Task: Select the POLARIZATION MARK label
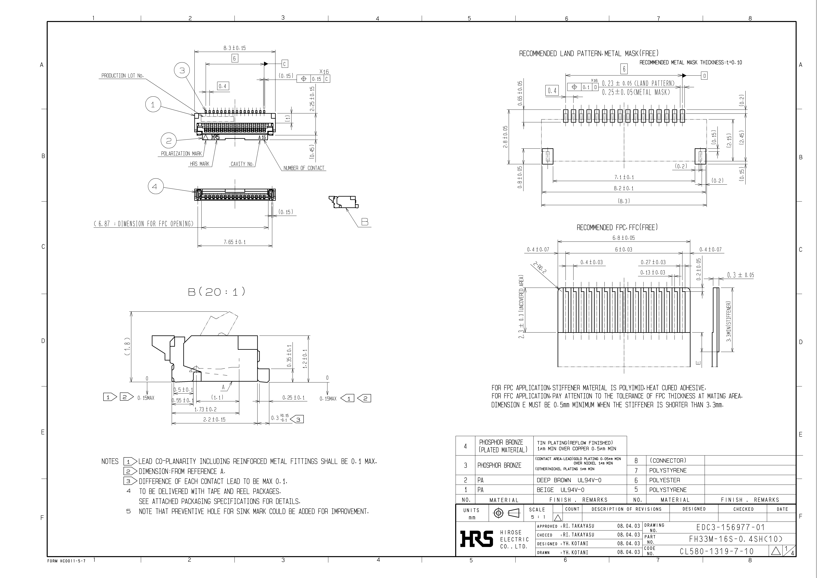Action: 181,154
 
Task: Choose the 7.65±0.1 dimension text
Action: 234,242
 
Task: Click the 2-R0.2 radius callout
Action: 539,268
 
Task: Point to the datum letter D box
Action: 704,76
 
